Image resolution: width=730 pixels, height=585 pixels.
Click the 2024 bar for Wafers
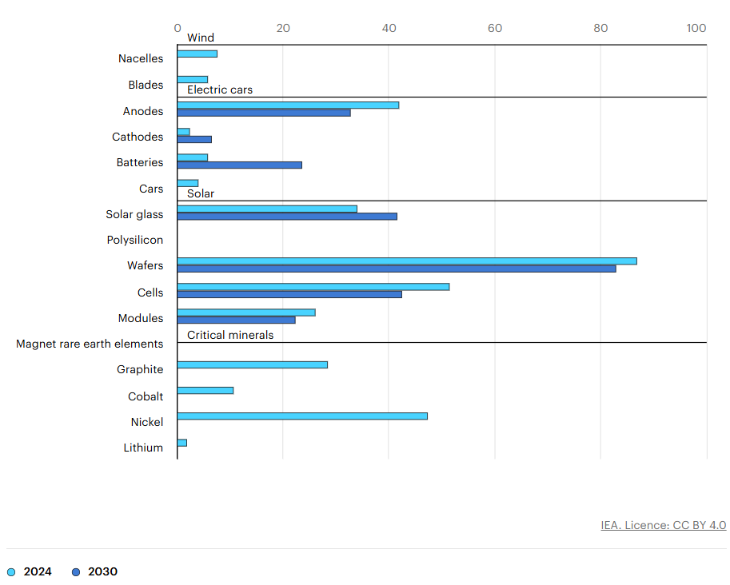[406, 261]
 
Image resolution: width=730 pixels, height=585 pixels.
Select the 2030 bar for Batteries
[239, 165]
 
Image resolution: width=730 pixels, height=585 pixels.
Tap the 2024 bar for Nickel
[301, 416]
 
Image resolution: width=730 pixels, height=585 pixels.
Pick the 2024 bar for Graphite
[252, 364]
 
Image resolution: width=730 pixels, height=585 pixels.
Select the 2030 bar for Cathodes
[194, 139]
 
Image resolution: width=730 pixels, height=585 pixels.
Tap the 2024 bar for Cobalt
[205, 390]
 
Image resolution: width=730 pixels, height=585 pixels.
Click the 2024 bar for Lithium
[182, 442]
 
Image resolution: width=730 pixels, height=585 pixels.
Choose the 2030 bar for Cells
[289, 294]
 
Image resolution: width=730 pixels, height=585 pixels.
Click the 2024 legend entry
[30, 571]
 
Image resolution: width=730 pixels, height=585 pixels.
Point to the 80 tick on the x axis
[600, 28]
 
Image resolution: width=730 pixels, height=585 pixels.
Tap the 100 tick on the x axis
[696, 28]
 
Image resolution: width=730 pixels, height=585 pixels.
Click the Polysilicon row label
[134, 240]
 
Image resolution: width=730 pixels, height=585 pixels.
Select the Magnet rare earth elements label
[90, 344]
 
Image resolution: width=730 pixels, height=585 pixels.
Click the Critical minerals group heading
[230, 335]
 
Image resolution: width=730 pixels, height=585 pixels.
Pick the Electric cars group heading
[220, 90]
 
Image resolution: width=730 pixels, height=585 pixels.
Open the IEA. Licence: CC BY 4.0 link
[663, 525]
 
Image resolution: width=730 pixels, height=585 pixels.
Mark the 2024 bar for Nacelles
[197, 54]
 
